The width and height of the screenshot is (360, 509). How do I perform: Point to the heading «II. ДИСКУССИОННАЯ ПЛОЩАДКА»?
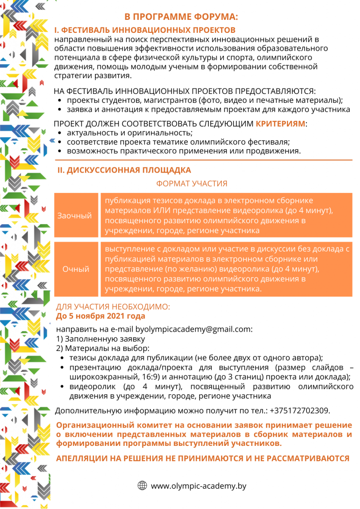124,170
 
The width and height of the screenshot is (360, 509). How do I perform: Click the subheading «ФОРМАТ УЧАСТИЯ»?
191,183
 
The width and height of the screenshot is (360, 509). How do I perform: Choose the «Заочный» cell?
75,216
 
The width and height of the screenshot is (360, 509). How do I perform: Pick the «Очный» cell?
76,269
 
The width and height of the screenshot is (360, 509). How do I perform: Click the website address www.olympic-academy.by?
198,486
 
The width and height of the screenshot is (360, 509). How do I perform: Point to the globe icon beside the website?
142,486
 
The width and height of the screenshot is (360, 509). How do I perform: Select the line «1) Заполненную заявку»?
92,339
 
